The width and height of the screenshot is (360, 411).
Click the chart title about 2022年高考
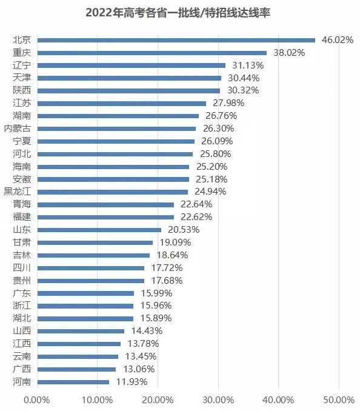pyautogui.click(x=180, y=12)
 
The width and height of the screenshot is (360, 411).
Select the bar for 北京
pyautogui.click(x=176, y=40)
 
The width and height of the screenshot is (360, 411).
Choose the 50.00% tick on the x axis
pyautogui.click(x=339, y=400)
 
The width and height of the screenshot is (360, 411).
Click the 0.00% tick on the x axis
pyautogui.click(x=36, y=400)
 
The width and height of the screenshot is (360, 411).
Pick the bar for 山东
pyautogui.click(x=99, y=230)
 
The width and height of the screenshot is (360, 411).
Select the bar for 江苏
pyautogui.click(x=121, y=103)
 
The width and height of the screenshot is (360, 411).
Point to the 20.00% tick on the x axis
pyautogui.click(x=157, y=400)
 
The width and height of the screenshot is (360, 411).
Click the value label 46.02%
pyautogui.click(x=337, y=40)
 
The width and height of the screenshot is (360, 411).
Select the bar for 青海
pyautogui.click(x=105, y=204)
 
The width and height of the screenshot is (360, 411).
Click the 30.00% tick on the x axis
pyautogui.click(x=218, y=400)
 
